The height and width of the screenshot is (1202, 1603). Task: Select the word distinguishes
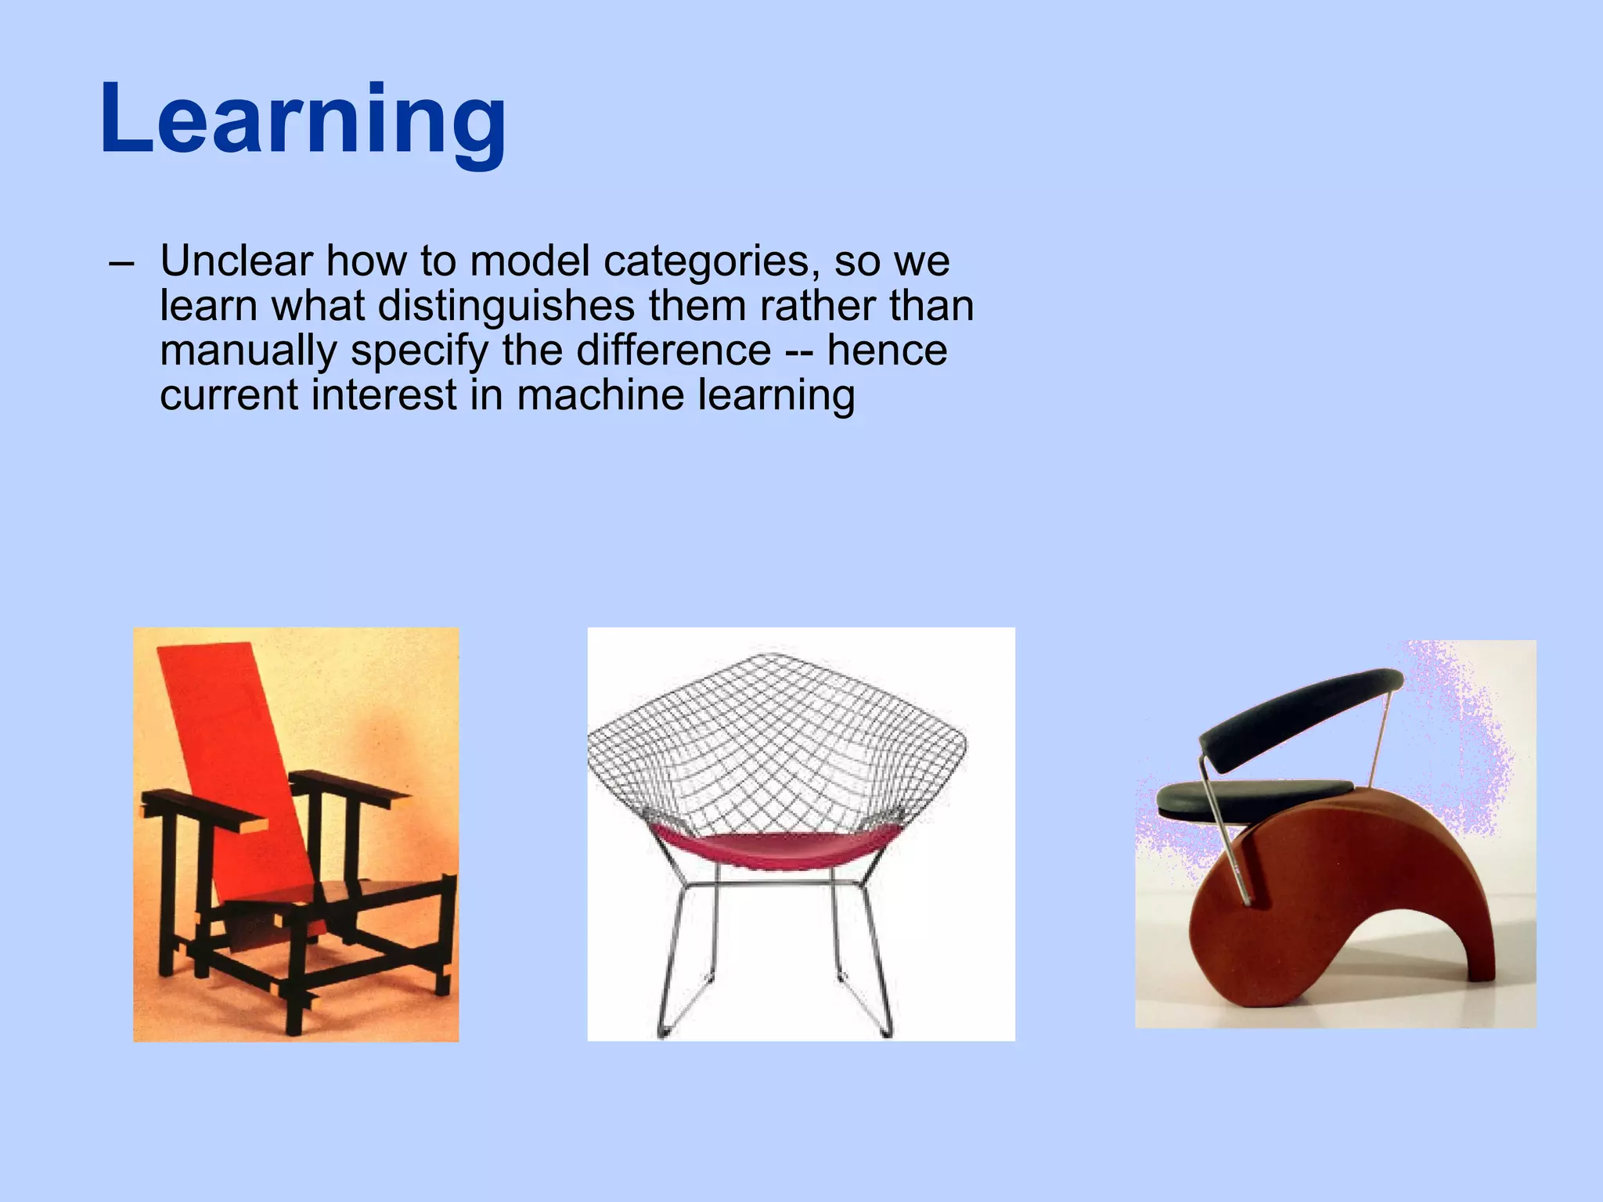pos(506,306)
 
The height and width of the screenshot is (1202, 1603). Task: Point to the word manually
pos(247,351)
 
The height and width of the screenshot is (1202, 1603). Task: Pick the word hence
pos(887,350)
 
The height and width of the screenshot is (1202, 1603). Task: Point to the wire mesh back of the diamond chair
pos(775,743)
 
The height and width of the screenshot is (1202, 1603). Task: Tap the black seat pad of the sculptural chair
pos(1252,797)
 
